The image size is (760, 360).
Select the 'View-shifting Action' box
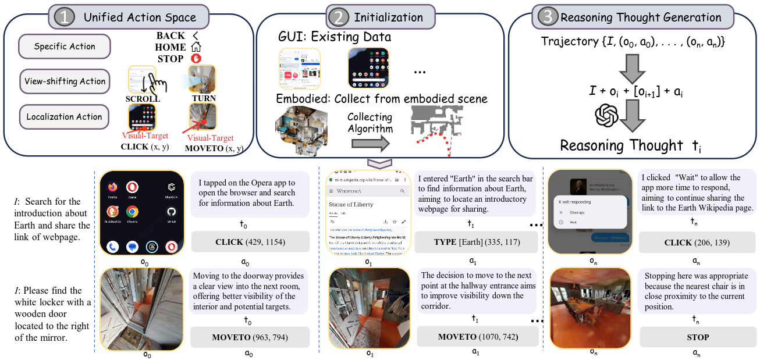pyautogui.click(x=65, y=81)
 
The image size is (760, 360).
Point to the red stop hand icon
pyautogui.click(x=196, y=59)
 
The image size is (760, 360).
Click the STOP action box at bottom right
pyautogui.click(x=698, y=337)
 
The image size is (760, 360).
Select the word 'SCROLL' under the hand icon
pyautogui.click(x=143, y=99)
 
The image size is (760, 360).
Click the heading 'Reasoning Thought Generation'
pyautogui.click(x=641, y=18)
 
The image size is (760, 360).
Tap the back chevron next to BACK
pyautogui.click(x=196, y=36)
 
